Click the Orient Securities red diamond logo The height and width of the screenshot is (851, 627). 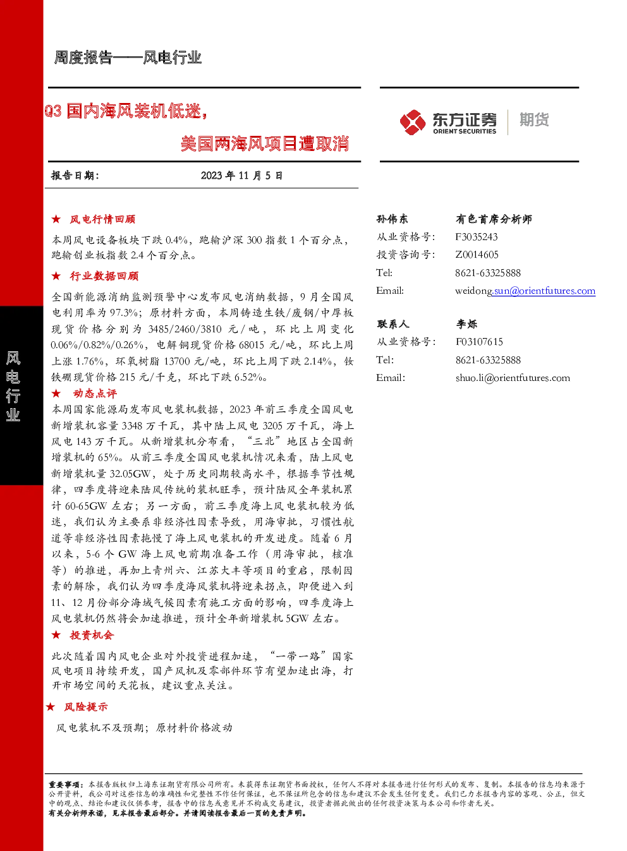pos(413,122)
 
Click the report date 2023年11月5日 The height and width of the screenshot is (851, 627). pos(241,176)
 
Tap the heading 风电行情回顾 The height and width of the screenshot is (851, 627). pos(102,219)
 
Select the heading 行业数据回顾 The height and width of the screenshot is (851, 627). pos(104,276)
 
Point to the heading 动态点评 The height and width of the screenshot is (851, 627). pos(95,393)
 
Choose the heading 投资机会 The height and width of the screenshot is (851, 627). pos(92,635)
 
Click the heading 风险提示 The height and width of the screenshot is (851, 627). pos(86,706)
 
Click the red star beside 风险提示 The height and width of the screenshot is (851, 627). pos(51,706)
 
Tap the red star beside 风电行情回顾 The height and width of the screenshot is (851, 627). pos(56,219)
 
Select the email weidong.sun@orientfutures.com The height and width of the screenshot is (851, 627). pos(525,291)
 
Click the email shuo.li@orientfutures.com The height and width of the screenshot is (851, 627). pos(513,378)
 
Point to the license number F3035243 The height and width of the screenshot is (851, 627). pos(477,237)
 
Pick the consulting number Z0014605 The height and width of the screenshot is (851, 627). pos(477,255)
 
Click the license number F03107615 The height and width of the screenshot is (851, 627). pos(479,342)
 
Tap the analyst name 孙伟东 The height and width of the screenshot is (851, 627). pos(392,219)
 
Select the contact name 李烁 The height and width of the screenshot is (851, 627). pos(466,324)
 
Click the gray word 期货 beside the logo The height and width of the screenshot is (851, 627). pos(534,119)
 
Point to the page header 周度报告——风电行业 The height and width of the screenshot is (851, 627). pos(128,57)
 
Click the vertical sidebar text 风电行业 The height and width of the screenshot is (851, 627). pos(13,386)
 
